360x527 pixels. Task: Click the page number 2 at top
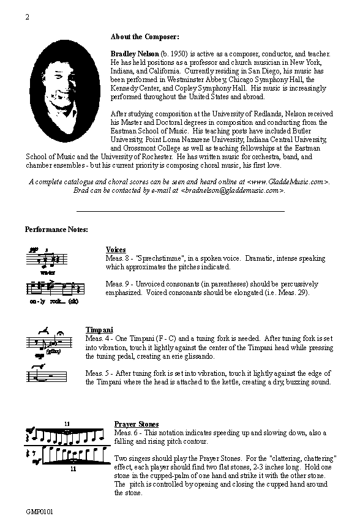28,17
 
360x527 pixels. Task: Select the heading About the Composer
145,36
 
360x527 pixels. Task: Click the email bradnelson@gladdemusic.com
232,190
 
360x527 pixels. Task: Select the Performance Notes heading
56,230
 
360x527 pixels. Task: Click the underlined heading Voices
116,250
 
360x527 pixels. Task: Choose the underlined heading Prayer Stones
137,424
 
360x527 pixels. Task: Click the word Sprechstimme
162,258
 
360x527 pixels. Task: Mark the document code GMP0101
39,510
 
